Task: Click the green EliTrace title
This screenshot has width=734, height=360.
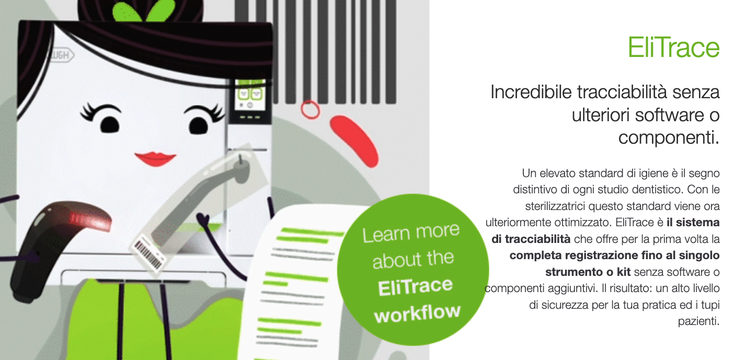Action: click(x=673, y=48)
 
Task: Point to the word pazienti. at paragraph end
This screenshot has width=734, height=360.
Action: click(x=698, y=321)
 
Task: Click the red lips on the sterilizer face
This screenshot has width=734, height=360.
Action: click(x=155, y=159)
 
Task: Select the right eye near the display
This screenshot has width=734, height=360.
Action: click(x=204, y=119)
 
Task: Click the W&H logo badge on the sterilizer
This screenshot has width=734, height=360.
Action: click(x=62, y=55)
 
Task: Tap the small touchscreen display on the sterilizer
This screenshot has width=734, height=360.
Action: click(x=250, y=98)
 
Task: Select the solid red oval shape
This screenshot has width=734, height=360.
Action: click(x=354, y=141)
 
